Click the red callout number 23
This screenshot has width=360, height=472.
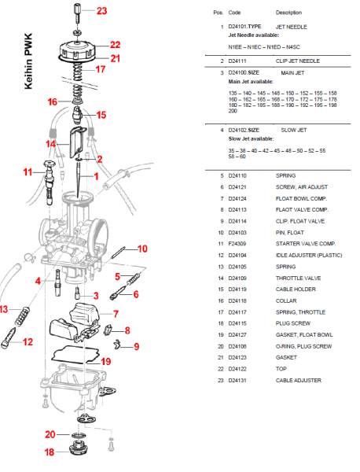(102, 11)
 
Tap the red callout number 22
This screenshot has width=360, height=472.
(115, 45)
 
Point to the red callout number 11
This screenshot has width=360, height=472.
(28, 171)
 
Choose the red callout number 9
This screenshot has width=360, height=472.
(135, 345)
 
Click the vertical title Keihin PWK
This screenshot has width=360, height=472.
(29, 64)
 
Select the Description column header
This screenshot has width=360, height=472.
(288, 13)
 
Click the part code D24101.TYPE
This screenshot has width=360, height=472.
(244, 27)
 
